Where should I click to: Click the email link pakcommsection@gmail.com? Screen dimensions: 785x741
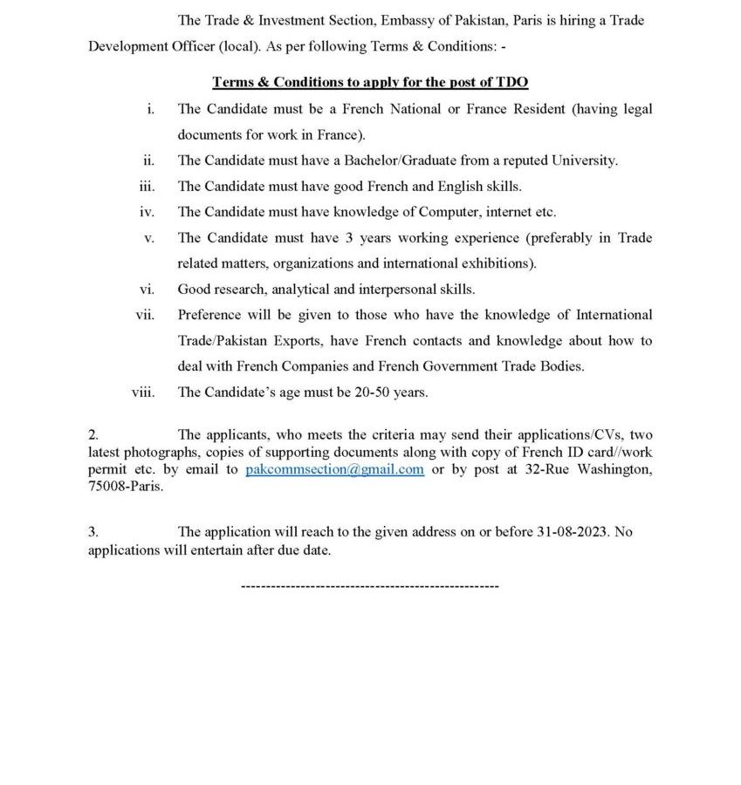335,469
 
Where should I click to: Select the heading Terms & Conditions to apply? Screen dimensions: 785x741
371,82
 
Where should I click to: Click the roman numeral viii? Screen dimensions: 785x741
143,392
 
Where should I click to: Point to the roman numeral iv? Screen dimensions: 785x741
147,211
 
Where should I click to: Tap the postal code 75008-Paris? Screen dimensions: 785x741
126,487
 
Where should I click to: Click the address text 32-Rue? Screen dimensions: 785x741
539,469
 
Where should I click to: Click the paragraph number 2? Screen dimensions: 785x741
93,433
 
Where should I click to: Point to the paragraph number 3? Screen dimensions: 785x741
93,531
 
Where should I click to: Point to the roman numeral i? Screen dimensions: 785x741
150,109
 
